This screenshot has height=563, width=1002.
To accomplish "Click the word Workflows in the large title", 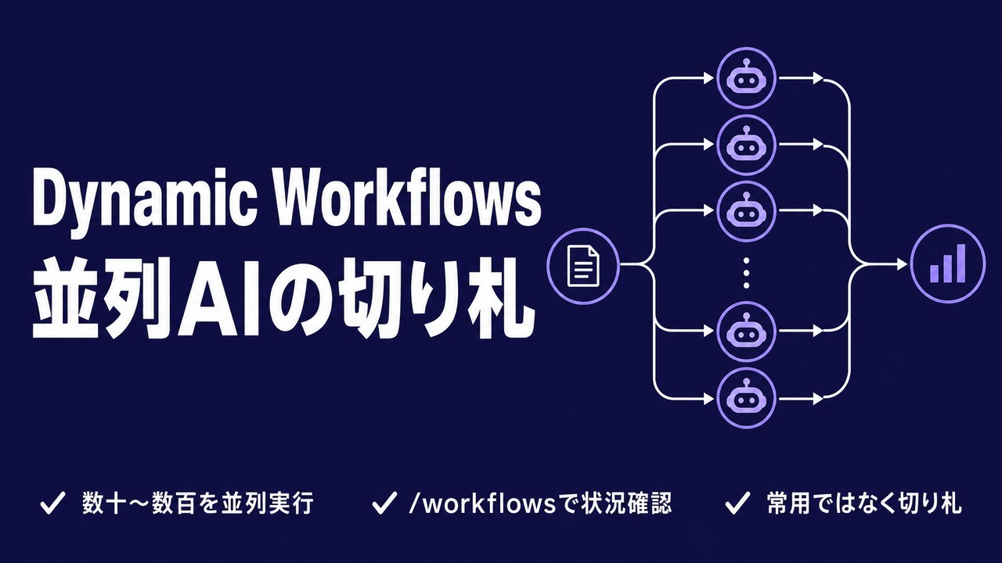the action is pos(409,199).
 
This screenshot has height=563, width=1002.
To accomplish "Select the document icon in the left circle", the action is pos(583,266).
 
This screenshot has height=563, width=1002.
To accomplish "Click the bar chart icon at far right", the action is pos(948,264).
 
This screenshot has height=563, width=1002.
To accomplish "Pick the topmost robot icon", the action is pos(746,77).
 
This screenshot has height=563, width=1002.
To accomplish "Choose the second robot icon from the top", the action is pos(746,145).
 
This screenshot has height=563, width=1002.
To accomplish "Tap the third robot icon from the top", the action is pos(746,211).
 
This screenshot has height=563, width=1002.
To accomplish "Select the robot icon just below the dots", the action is pos(746,331).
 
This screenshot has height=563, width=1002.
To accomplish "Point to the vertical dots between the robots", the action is pos(746,272).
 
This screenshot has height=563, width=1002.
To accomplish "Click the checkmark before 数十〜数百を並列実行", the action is pos(52,503).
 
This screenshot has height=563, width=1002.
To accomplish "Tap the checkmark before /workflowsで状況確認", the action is pos(384,503).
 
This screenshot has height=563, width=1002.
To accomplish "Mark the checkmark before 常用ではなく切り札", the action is pos(737,503).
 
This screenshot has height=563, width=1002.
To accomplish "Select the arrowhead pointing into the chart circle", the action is pos(901,264).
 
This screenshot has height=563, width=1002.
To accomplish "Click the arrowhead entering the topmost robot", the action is pos(708,77).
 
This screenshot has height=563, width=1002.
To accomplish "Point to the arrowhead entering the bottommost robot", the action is pos(708,399).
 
